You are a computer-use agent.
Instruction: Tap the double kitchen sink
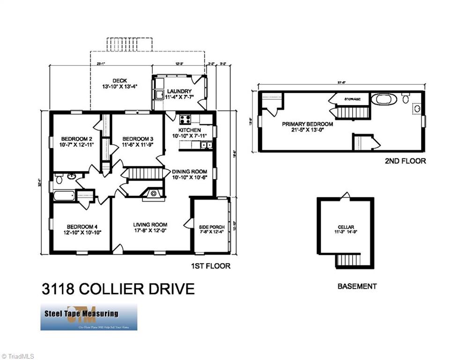tap(205, 145)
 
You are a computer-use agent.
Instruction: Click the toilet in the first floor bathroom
tap(59, 178)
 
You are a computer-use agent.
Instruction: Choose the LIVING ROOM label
tap(150, 224)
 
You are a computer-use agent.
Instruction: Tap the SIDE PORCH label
tap(212, 227)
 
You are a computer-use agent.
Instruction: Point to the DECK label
tap(120, 81)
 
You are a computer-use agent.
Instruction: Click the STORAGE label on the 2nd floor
tap(352, 99)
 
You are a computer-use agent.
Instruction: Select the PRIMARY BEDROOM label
tap(307, 124)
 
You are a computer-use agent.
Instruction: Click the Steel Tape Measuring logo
tap(89, 317)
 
